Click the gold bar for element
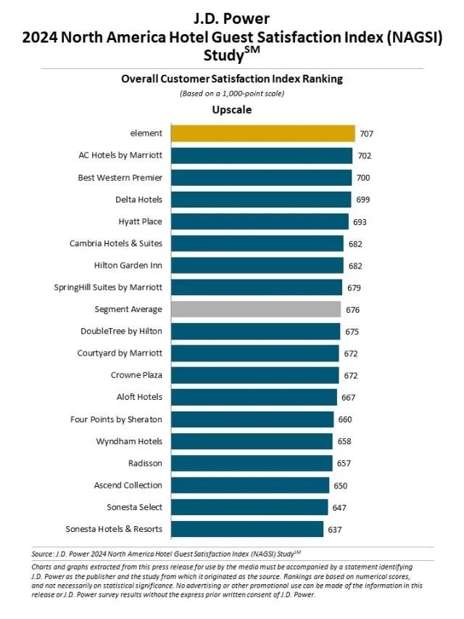point(262,134)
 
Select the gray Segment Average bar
point(256,309)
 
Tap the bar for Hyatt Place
point(260,221)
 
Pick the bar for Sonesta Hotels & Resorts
point(247,529)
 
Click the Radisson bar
point(252,463)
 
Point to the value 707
point(366,134)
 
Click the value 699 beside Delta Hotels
point(362,200)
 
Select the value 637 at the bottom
point(335,529)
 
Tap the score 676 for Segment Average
point(353,310)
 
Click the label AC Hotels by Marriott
point(120,155)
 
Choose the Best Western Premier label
point(120,177)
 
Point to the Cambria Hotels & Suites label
point(116,243)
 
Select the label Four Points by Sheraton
point(116,419)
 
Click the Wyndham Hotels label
point(129,441)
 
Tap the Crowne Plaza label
point(136,375)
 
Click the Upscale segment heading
point(231,110)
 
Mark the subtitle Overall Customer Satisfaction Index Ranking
point(232,79)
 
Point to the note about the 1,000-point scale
point(232,94)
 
